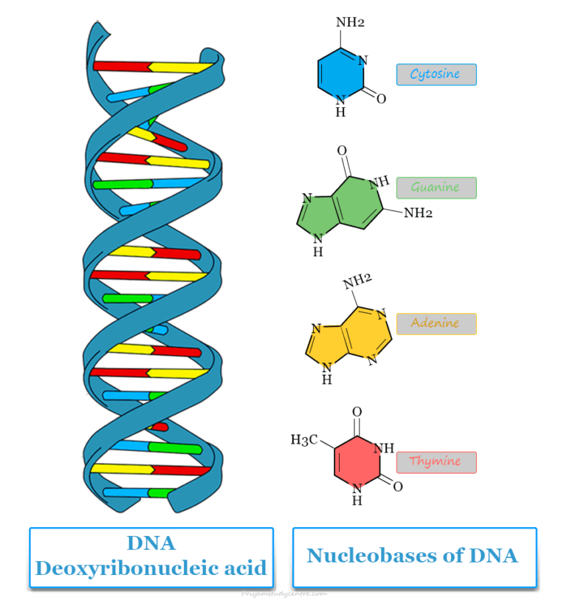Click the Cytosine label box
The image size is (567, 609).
436,75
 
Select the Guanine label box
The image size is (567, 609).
436,187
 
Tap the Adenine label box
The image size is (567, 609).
436,323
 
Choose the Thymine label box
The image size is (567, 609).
436,462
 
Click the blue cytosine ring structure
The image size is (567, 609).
340,74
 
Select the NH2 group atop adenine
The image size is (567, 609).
357,281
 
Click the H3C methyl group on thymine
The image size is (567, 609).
304,441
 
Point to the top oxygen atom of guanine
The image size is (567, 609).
342,151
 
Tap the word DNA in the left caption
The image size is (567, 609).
151,543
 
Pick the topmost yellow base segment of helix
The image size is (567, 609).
181,67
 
